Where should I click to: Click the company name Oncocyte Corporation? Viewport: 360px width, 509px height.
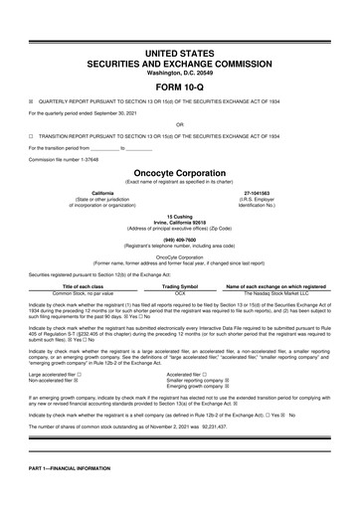179,171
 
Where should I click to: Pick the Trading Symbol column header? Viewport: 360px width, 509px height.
180,287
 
